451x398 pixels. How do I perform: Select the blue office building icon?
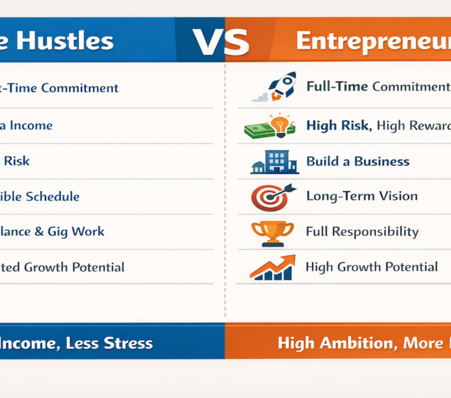(x=275, y=161)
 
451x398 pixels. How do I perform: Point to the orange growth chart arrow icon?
(x=273, y=267)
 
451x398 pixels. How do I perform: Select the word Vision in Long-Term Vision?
(x=397, y=196)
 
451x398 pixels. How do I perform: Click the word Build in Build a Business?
(x=322, y=161)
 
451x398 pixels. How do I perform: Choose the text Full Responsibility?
(x=362, y=232)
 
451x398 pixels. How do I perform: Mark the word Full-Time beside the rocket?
(x=337, y=87)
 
